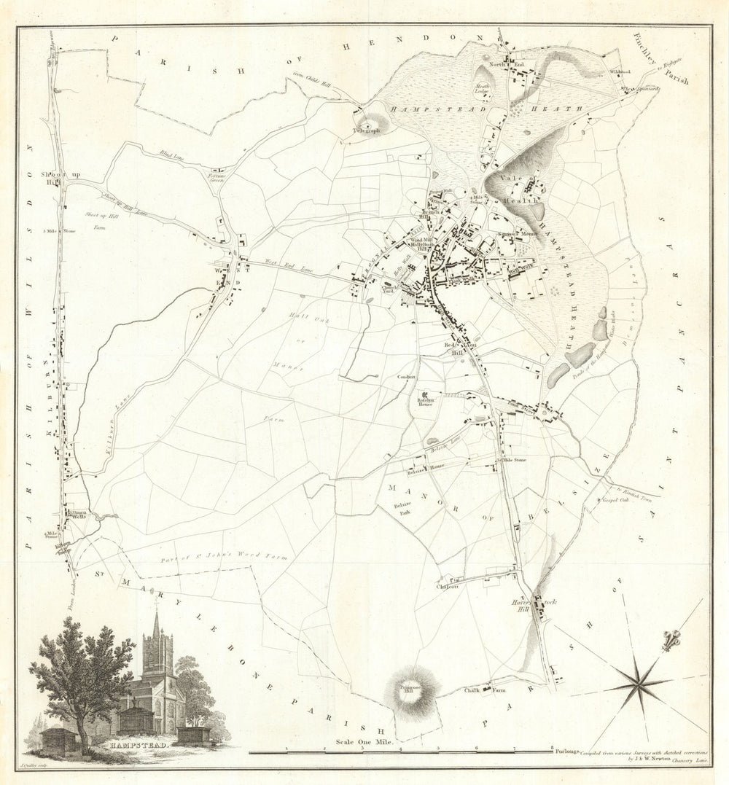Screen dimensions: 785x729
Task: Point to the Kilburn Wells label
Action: coord(77,515)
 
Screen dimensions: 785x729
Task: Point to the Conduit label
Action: coord(407,377)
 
